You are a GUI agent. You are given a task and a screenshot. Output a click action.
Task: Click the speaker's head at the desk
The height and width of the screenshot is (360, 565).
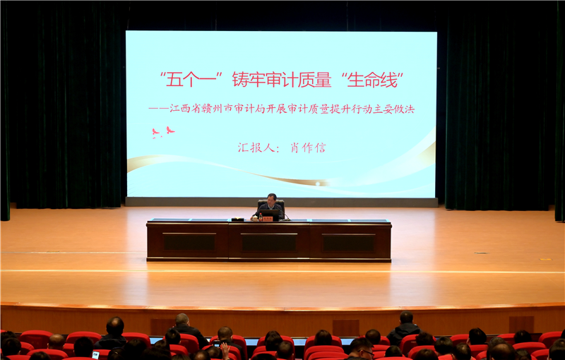271,198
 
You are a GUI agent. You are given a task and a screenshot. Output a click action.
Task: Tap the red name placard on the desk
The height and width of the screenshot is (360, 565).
268,218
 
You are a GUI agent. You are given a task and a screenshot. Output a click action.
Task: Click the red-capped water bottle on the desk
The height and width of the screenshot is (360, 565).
261,217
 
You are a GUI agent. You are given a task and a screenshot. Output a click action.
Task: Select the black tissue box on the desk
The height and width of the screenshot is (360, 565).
237,219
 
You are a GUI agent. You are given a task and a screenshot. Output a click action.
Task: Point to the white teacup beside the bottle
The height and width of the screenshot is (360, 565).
255,218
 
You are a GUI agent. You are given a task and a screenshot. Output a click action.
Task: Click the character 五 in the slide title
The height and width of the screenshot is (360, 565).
174,80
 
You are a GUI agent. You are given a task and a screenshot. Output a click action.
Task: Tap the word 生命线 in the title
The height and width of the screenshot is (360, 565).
372,80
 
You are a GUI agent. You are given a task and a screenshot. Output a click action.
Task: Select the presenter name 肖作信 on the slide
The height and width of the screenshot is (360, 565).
308,148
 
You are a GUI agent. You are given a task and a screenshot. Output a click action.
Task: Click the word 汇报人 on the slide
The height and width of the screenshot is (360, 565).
256,148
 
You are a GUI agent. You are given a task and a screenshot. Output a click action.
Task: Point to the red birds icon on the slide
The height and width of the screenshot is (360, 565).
163,132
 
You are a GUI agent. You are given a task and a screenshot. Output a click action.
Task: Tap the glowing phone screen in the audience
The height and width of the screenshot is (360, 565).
95,355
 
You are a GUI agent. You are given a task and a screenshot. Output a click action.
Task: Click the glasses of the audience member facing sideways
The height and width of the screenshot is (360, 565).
367,352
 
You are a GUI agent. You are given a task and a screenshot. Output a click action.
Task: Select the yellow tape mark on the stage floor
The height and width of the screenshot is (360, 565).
545,259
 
